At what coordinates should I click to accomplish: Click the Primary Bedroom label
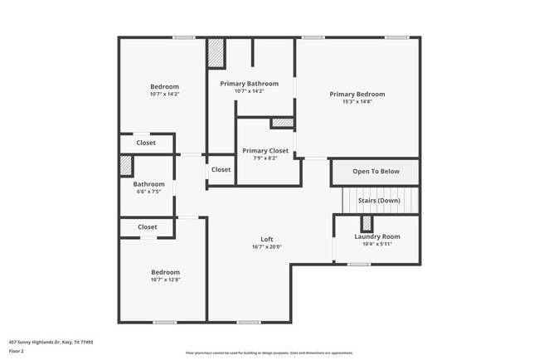[357, 94]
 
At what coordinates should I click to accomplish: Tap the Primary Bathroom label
[249, 84]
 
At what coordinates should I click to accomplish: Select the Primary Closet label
[265, 151]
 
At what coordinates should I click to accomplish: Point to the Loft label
[267, 240]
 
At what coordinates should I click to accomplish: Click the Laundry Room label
[377, 236]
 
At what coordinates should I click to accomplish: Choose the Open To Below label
[376, 172]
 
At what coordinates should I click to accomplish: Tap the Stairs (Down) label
[378, 201]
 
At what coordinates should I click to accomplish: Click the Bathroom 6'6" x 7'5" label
[149, 184]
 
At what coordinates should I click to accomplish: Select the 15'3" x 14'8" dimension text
[357, 102]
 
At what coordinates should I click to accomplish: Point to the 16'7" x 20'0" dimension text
[267, 247]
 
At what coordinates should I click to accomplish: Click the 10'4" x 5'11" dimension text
[377, 244]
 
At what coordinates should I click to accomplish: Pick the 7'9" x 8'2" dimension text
[265, 158]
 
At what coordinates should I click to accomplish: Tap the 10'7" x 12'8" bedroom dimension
[165, 280]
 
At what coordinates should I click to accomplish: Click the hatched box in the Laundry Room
[366, 224]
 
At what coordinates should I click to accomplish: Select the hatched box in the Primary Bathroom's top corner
[217, 52]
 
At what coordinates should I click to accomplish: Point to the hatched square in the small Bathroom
[126, 163]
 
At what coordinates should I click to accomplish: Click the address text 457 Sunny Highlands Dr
[51, 341]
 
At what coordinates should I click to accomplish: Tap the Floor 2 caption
[17, 352]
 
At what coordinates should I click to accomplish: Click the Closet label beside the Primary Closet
[221, 170]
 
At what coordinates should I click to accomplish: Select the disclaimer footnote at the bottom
[269, 353]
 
